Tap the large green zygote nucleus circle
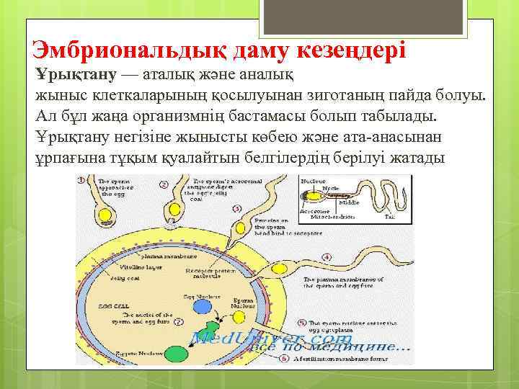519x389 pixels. [x=176, y=353]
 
